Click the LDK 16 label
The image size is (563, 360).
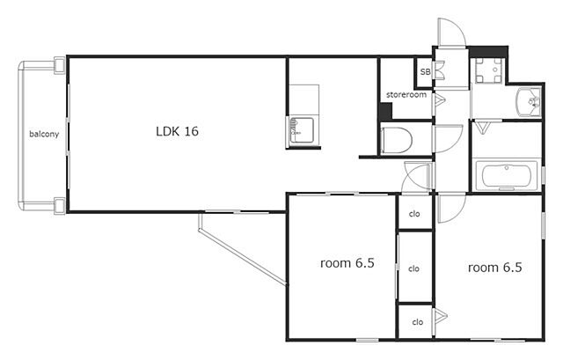(x=177, y=131)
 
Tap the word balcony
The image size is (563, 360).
(x=44, y=134)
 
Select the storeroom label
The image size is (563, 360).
(x=406, y=95)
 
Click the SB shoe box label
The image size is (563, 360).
(x=425, y=72)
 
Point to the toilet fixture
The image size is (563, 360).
(x=397, y=140)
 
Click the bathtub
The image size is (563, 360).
(x=507, y=176)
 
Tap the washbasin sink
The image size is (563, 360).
(x=529, y=102)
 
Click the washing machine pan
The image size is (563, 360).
(x=488, y=70)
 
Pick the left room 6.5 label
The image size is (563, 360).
(x=347, y=263)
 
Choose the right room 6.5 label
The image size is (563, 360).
(x=494, y=268)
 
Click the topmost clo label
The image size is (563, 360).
(x=414, y=214)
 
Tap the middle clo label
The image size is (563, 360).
(x=414, y=268)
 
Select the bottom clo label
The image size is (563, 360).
(x=418, y=322)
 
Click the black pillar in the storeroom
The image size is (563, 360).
(x=386, y=112)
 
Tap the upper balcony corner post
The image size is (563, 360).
(x=59, y=65)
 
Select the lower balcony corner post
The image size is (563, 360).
(x=59, y=206)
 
